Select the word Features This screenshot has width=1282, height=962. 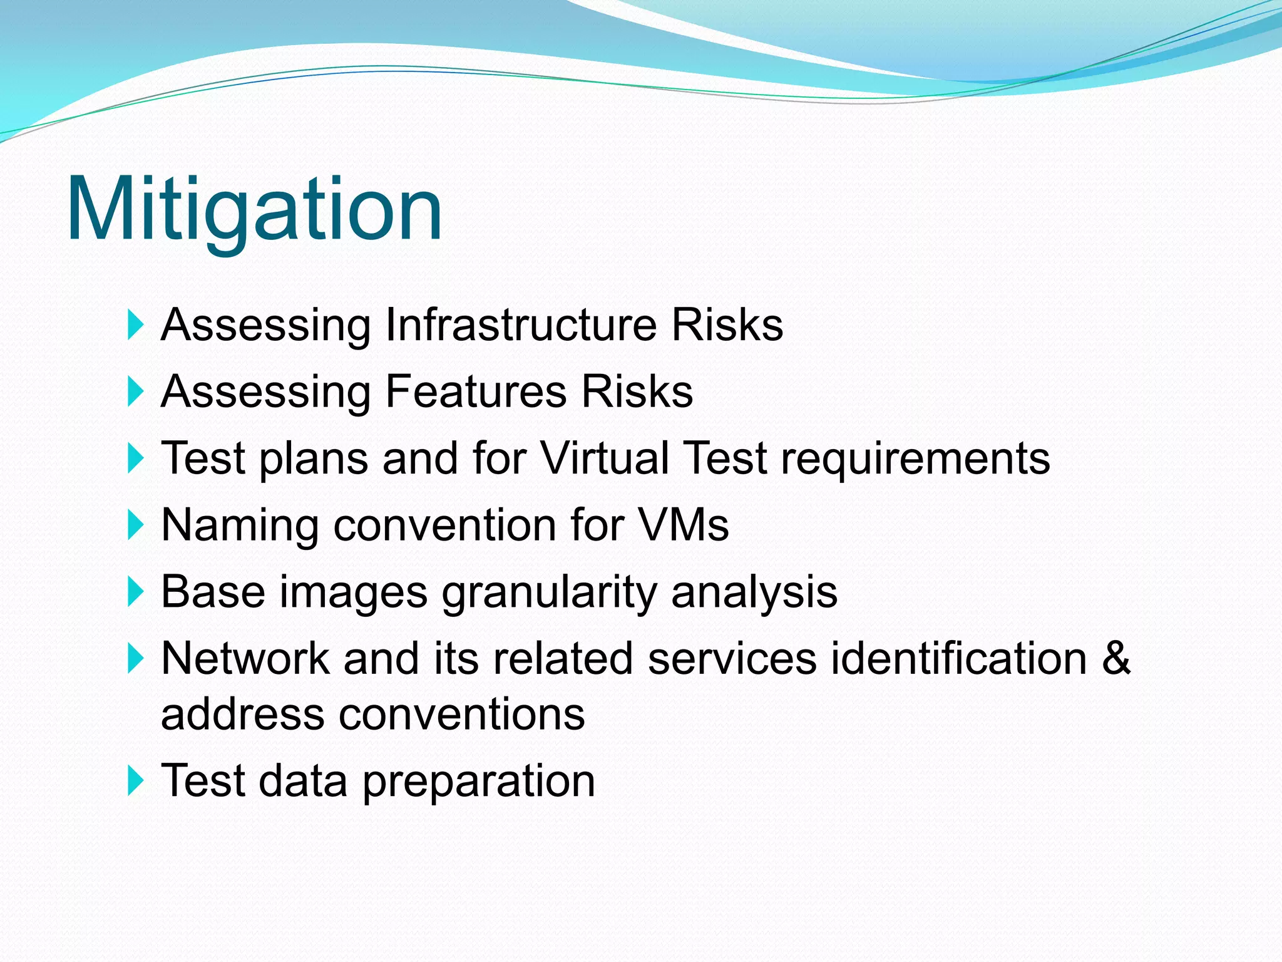[x=476, y=391]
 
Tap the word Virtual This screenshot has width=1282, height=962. [x=605, y=458]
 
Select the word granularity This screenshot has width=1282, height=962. [x=549, y=593]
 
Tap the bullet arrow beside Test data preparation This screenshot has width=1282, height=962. [x=135, y=781]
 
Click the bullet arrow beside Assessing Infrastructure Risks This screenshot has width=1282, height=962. [x=135, y=325]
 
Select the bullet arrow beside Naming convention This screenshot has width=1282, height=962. [x=135, y=525]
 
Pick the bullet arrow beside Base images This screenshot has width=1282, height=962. [x=135, y=592]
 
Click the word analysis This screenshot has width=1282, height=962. [x=754, y=593]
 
